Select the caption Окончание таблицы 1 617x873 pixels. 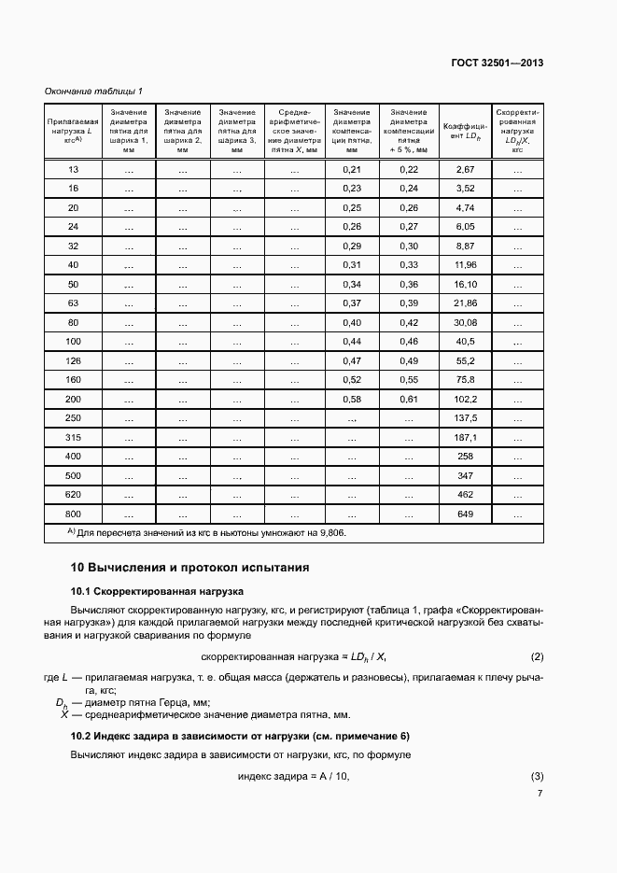coord(93,91)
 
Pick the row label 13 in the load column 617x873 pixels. coord(74,169)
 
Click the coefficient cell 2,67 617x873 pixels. coord(465,169)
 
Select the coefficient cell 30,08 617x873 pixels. coord(465,322)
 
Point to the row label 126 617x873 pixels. coord(74,360)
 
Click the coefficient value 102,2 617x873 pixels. coord(465,399)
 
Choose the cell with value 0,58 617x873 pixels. coord(352,399)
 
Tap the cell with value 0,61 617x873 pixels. coord(408,399)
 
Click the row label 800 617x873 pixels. coord(74,514)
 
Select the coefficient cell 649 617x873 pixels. coord(465,514)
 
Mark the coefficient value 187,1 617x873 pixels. coord(465,437)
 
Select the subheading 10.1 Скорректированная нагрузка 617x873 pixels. coord(158,592)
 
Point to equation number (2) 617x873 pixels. coord(537,656)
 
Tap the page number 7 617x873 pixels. coord(540,794)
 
